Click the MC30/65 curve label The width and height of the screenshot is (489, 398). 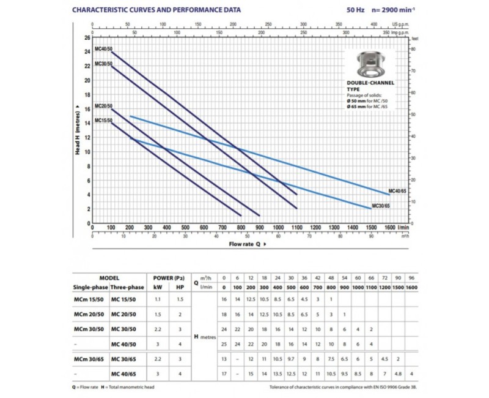coord(380,206)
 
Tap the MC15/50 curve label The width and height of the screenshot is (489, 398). coord(103,121)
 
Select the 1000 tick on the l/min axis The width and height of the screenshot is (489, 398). coord(278,227)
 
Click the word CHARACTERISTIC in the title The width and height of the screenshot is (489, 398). coord(103,10)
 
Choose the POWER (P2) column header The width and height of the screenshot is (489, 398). coord(166,277)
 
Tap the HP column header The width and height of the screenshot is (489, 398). coord(178,287)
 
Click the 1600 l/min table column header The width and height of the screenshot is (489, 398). coord(411,287)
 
